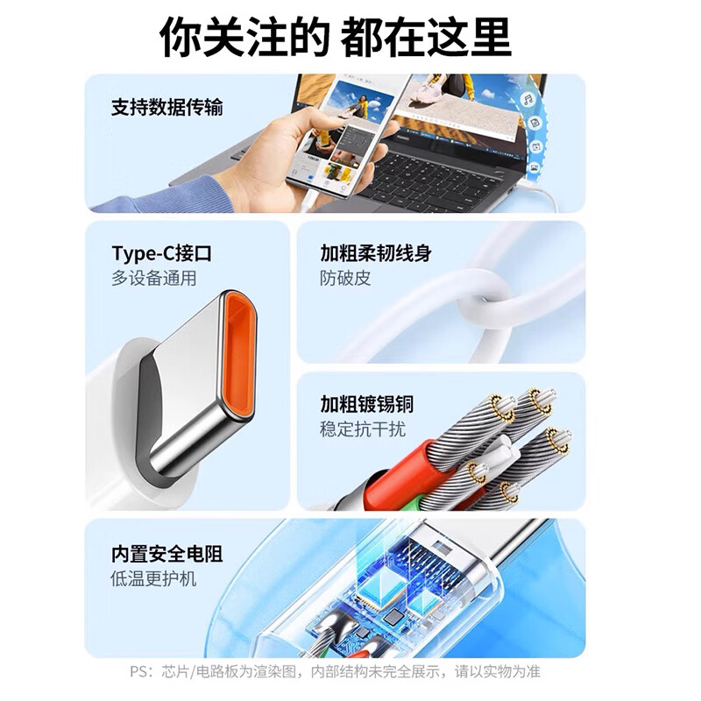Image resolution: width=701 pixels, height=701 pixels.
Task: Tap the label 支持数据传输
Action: coord(166,108)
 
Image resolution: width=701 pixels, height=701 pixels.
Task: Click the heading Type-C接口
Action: coord(161,254)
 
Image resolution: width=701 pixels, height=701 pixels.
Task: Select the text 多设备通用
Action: coord(153,280)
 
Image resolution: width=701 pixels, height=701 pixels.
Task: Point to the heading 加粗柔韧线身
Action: coord(376,254)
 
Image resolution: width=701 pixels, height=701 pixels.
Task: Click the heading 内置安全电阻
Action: coord(166,554)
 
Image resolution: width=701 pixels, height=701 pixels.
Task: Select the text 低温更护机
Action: coord(153,579)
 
